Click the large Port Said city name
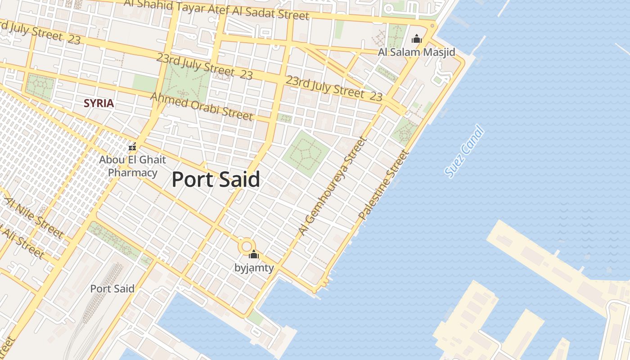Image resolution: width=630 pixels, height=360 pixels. click(x=216, y=180)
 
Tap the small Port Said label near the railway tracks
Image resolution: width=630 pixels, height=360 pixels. click(x=112, y=288)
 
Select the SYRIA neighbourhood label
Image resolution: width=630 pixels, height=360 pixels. click(x=99, y=103)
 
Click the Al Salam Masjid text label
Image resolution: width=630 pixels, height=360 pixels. click(x=416, y=52)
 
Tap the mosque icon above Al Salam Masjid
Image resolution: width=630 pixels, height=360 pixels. click(x=417, y=39)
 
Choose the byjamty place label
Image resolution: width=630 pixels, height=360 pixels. click(x=254, y=268)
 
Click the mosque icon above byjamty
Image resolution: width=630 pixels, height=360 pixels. click(x=254, y=255)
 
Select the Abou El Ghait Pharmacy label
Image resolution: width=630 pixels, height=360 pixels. click(x=132, y=166)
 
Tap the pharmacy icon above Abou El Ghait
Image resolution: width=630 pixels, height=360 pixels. click(x=132, y=147)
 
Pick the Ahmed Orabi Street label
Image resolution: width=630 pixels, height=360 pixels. click(x=201, y=106)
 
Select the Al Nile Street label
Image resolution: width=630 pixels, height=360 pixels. click(x=34, y=218)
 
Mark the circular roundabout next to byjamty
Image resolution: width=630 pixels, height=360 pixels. click(x=246, y=246)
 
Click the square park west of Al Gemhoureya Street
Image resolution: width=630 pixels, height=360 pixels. click(x=306, y=153)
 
